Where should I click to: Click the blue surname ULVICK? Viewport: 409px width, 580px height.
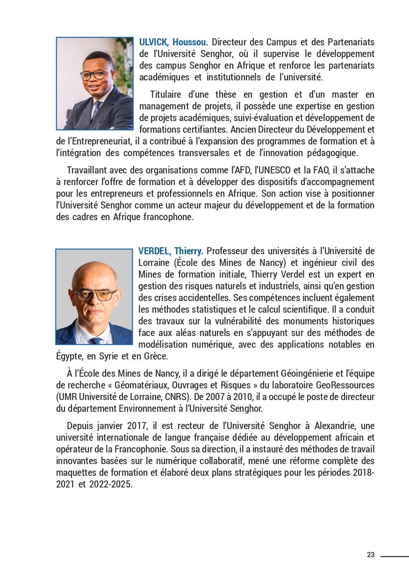point(154,42)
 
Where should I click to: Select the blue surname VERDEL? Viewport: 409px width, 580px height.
point(155,251)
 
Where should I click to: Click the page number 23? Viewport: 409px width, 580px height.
point(371,555)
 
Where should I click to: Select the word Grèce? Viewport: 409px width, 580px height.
point(154,356)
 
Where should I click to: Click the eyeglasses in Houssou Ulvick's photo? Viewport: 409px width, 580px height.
point(95,74)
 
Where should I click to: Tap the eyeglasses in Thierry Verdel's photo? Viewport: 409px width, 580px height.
point(94,294)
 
